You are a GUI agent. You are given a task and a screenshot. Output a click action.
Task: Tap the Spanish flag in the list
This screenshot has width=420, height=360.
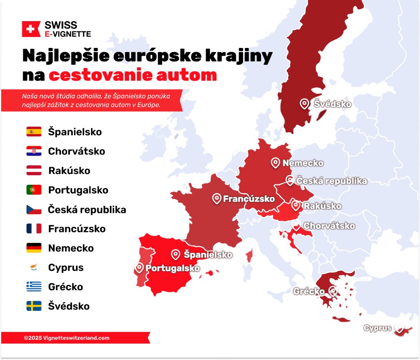[x=34, y=132]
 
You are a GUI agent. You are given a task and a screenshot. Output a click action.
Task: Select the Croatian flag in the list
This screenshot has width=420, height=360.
[x=34, y=151]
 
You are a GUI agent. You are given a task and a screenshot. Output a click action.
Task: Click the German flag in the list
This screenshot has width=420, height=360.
[x=34, y=248]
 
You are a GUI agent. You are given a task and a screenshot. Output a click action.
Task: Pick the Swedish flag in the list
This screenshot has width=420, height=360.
[x=34, y=306]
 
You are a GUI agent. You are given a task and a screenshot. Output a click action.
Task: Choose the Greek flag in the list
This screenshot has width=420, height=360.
[x=34, y=287]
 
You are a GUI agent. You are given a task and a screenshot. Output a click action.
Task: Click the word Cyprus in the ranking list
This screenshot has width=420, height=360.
[x=66, y=267]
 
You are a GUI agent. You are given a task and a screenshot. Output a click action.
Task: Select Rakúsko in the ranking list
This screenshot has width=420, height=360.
[x=69, y=171]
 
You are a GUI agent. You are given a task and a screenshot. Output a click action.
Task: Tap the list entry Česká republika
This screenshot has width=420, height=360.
[x=87, y=210]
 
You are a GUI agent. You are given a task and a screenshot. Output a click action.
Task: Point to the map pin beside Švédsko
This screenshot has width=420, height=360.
[x=304, y=103]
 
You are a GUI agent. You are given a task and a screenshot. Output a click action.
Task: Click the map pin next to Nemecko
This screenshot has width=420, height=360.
[x=275, y=162]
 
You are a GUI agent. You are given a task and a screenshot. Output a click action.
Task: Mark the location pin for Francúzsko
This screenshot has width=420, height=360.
[x=216, y=198]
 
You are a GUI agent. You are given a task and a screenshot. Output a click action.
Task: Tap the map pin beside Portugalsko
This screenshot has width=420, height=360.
[x=139, y=268]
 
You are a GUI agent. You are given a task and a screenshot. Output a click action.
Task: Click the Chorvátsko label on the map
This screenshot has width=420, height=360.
[x=329, y=226]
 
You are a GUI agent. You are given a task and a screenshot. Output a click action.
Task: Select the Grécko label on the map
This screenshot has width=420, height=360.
[x=309, y=291]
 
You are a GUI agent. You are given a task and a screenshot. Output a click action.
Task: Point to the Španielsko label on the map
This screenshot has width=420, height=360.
[x=208, y=255]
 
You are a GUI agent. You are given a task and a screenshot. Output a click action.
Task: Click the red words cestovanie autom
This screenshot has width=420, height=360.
[x=133, y=75]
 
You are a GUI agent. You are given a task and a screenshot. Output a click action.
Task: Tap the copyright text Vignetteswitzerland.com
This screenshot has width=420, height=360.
[x=67, y=338]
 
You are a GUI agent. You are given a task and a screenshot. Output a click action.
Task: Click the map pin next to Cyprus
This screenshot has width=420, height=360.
[x=399, y=328]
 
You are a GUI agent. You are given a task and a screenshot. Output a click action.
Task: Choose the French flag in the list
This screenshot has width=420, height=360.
[x=34, y=229]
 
